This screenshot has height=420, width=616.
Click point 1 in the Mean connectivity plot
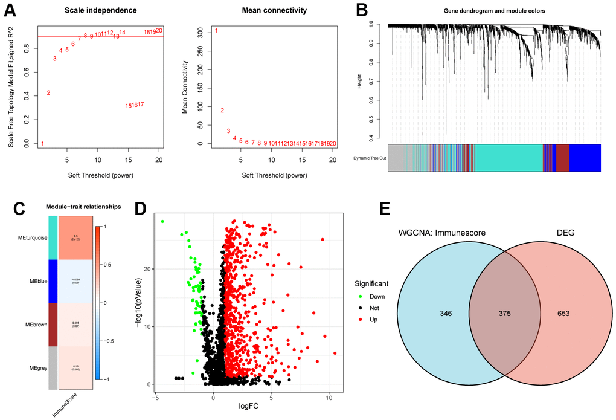pos(216,31)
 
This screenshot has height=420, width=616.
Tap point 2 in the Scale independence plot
pos(48,92)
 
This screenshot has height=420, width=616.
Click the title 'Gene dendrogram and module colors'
pos(495,11)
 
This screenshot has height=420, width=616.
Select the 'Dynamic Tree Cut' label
pos(370,158)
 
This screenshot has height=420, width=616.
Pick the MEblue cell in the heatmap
pos(76,281)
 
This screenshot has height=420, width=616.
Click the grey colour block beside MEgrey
pos(53,368)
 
